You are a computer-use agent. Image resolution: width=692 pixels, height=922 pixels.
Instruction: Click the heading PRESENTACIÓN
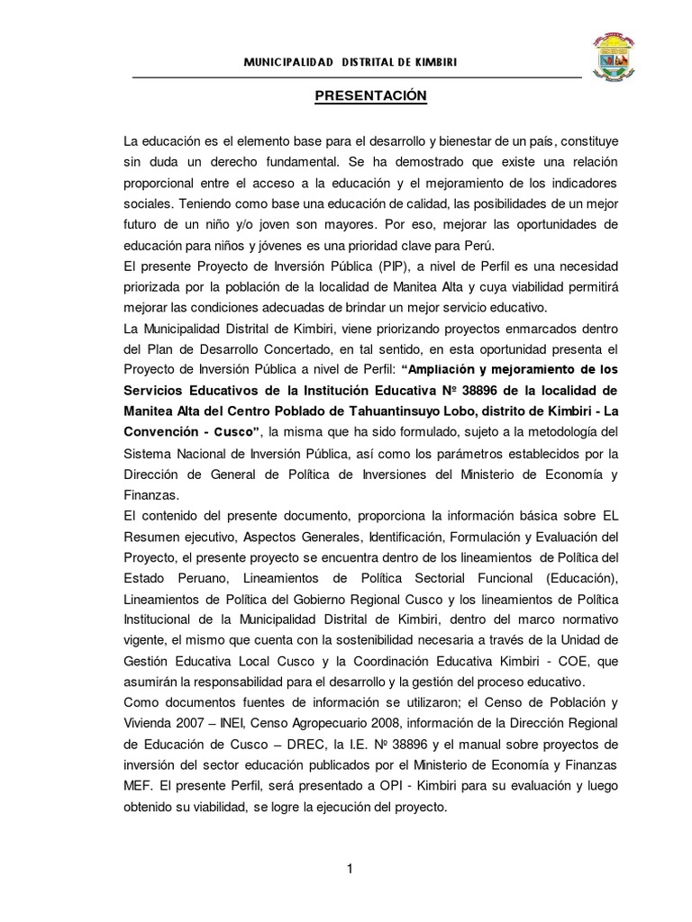pos(357,95)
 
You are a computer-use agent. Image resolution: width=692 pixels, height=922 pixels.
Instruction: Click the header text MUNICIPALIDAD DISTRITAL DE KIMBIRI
pos(356,60)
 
